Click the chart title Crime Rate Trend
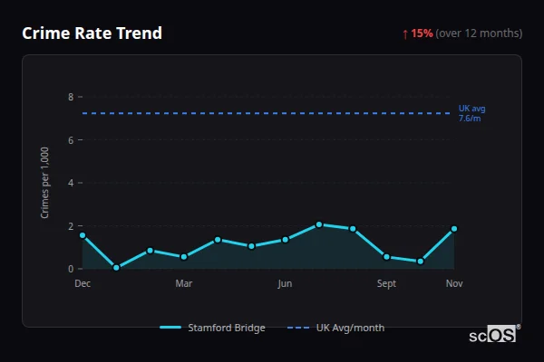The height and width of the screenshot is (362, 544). [x=92, y=33]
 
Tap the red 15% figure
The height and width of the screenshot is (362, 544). [x=422, y=33]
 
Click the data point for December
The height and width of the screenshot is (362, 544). [x=83, y=235]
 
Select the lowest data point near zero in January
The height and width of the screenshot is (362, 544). [x=116, y=268]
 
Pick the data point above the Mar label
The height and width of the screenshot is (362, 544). [x=184, y=257]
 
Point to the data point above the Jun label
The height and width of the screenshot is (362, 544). [x=285, y=240]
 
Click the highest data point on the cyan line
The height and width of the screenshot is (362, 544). [x=319, y=224]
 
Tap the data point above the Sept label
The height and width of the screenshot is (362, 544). [x=386, y=257]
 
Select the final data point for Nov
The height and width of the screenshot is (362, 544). [x=454, y=229]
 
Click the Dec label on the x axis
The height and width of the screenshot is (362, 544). [x=83, y=284]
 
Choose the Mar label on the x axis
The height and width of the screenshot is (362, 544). [x=184, y=284]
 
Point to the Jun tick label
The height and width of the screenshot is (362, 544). [x=285, y=284]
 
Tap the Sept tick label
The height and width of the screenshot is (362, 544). [x=386, y=284]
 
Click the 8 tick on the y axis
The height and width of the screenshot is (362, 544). [x=71, y=97]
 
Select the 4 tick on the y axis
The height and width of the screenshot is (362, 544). [x=71, y=183]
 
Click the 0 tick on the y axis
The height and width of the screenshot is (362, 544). [x=71, y=269]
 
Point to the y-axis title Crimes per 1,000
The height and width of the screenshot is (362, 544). [x=45, y=183]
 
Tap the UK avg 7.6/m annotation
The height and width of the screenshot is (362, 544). [x=471, y=113]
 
